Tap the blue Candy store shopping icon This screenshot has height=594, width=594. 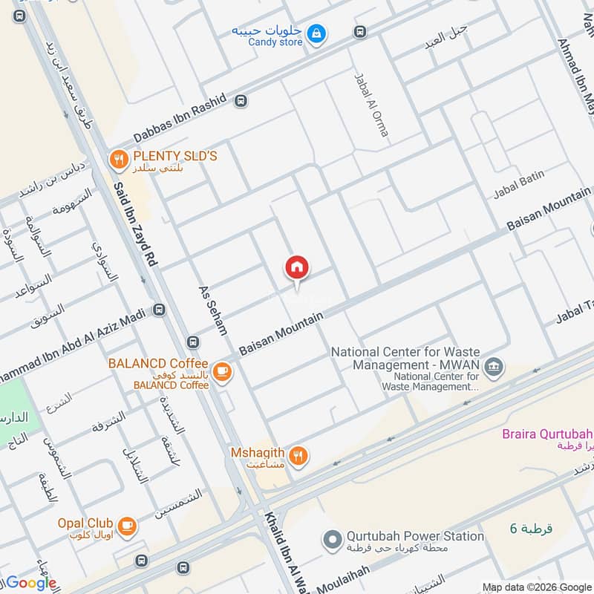click(x=317, y=34)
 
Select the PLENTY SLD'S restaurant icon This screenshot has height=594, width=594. click(x=117, y=158)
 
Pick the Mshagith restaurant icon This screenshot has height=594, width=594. click(x=298, y=455)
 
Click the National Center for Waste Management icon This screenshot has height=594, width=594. click(x=492, y=366)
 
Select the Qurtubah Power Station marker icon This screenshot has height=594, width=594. click(x=333, y=538)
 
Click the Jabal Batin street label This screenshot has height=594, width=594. click(x=519, y=185)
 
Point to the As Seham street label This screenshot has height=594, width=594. click(x=212, y=310)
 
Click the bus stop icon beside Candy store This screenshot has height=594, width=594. click(x=360, y=32)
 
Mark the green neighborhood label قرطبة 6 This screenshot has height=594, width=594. click(x=531, y=529)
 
